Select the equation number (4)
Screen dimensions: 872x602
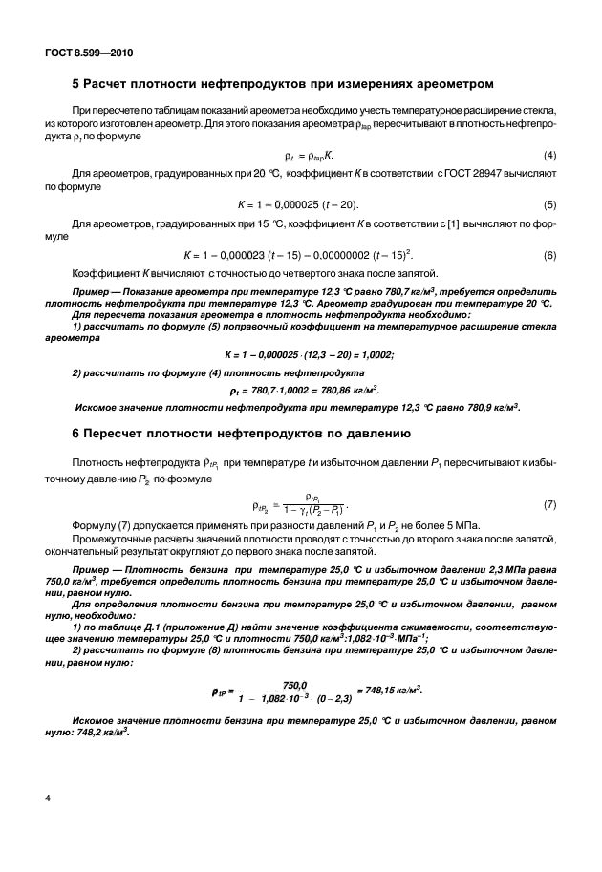coord(549,155)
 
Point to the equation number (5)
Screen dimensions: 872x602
coord(549,204)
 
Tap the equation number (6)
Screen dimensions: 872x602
coord(549,254)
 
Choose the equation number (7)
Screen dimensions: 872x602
coord(549,502)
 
